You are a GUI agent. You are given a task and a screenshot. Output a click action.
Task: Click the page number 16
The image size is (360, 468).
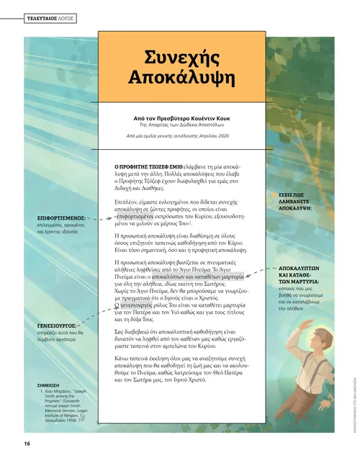(x=27, y=443)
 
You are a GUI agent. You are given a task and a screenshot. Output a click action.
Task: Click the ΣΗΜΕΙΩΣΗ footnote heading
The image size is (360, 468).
(x=49, y=386)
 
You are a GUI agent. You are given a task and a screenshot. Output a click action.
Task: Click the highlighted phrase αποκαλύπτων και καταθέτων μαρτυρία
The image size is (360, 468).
(x=194, y=276)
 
